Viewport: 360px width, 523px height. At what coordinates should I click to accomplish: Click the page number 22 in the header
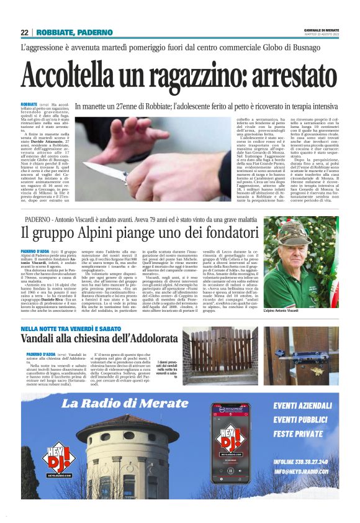coord(24,32)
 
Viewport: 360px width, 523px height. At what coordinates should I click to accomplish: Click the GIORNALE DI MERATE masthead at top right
coord(321,29)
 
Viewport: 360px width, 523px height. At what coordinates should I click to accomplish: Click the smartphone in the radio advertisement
coord(230,443)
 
